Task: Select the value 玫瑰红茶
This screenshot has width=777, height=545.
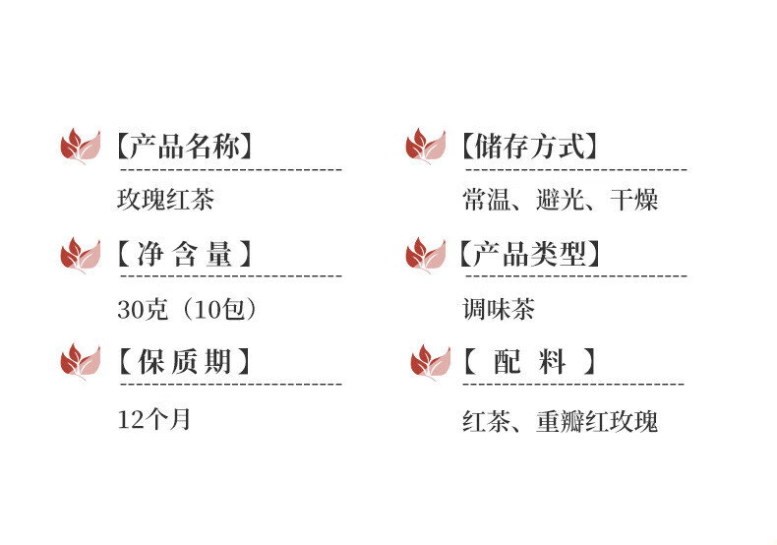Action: [x=165, y=201]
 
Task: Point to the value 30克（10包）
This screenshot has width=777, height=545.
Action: [x=188, y=309]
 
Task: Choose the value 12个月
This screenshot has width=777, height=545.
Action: [x=153, y=419]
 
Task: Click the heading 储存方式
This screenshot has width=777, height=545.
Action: [x=529, y=148]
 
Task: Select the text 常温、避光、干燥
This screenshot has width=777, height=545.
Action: [x=561, y=201]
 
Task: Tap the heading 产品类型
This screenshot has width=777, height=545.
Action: [x=529, y=255]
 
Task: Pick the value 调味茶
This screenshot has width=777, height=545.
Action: [x=499, y=309]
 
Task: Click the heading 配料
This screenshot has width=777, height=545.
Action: [x=529, y=362]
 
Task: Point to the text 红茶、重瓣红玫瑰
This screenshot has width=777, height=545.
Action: [x=561, y=422]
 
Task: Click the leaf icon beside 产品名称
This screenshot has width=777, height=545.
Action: [x=80, y=148]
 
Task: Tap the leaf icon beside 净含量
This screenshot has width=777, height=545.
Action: [x=80, y=256]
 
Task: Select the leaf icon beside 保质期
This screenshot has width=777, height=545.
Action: [x=80, y=362]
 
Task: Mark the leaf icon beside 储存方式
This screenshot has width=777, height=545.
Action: [x=426, y=148]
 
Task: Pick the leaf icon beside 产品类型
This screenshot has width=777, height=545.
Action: [x=426, y=256]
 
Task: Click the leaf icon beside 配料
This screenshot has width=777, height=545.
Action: [x=430, y=362]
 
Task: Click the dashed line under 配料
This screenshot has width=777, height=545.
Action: [x=574, y=383]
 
